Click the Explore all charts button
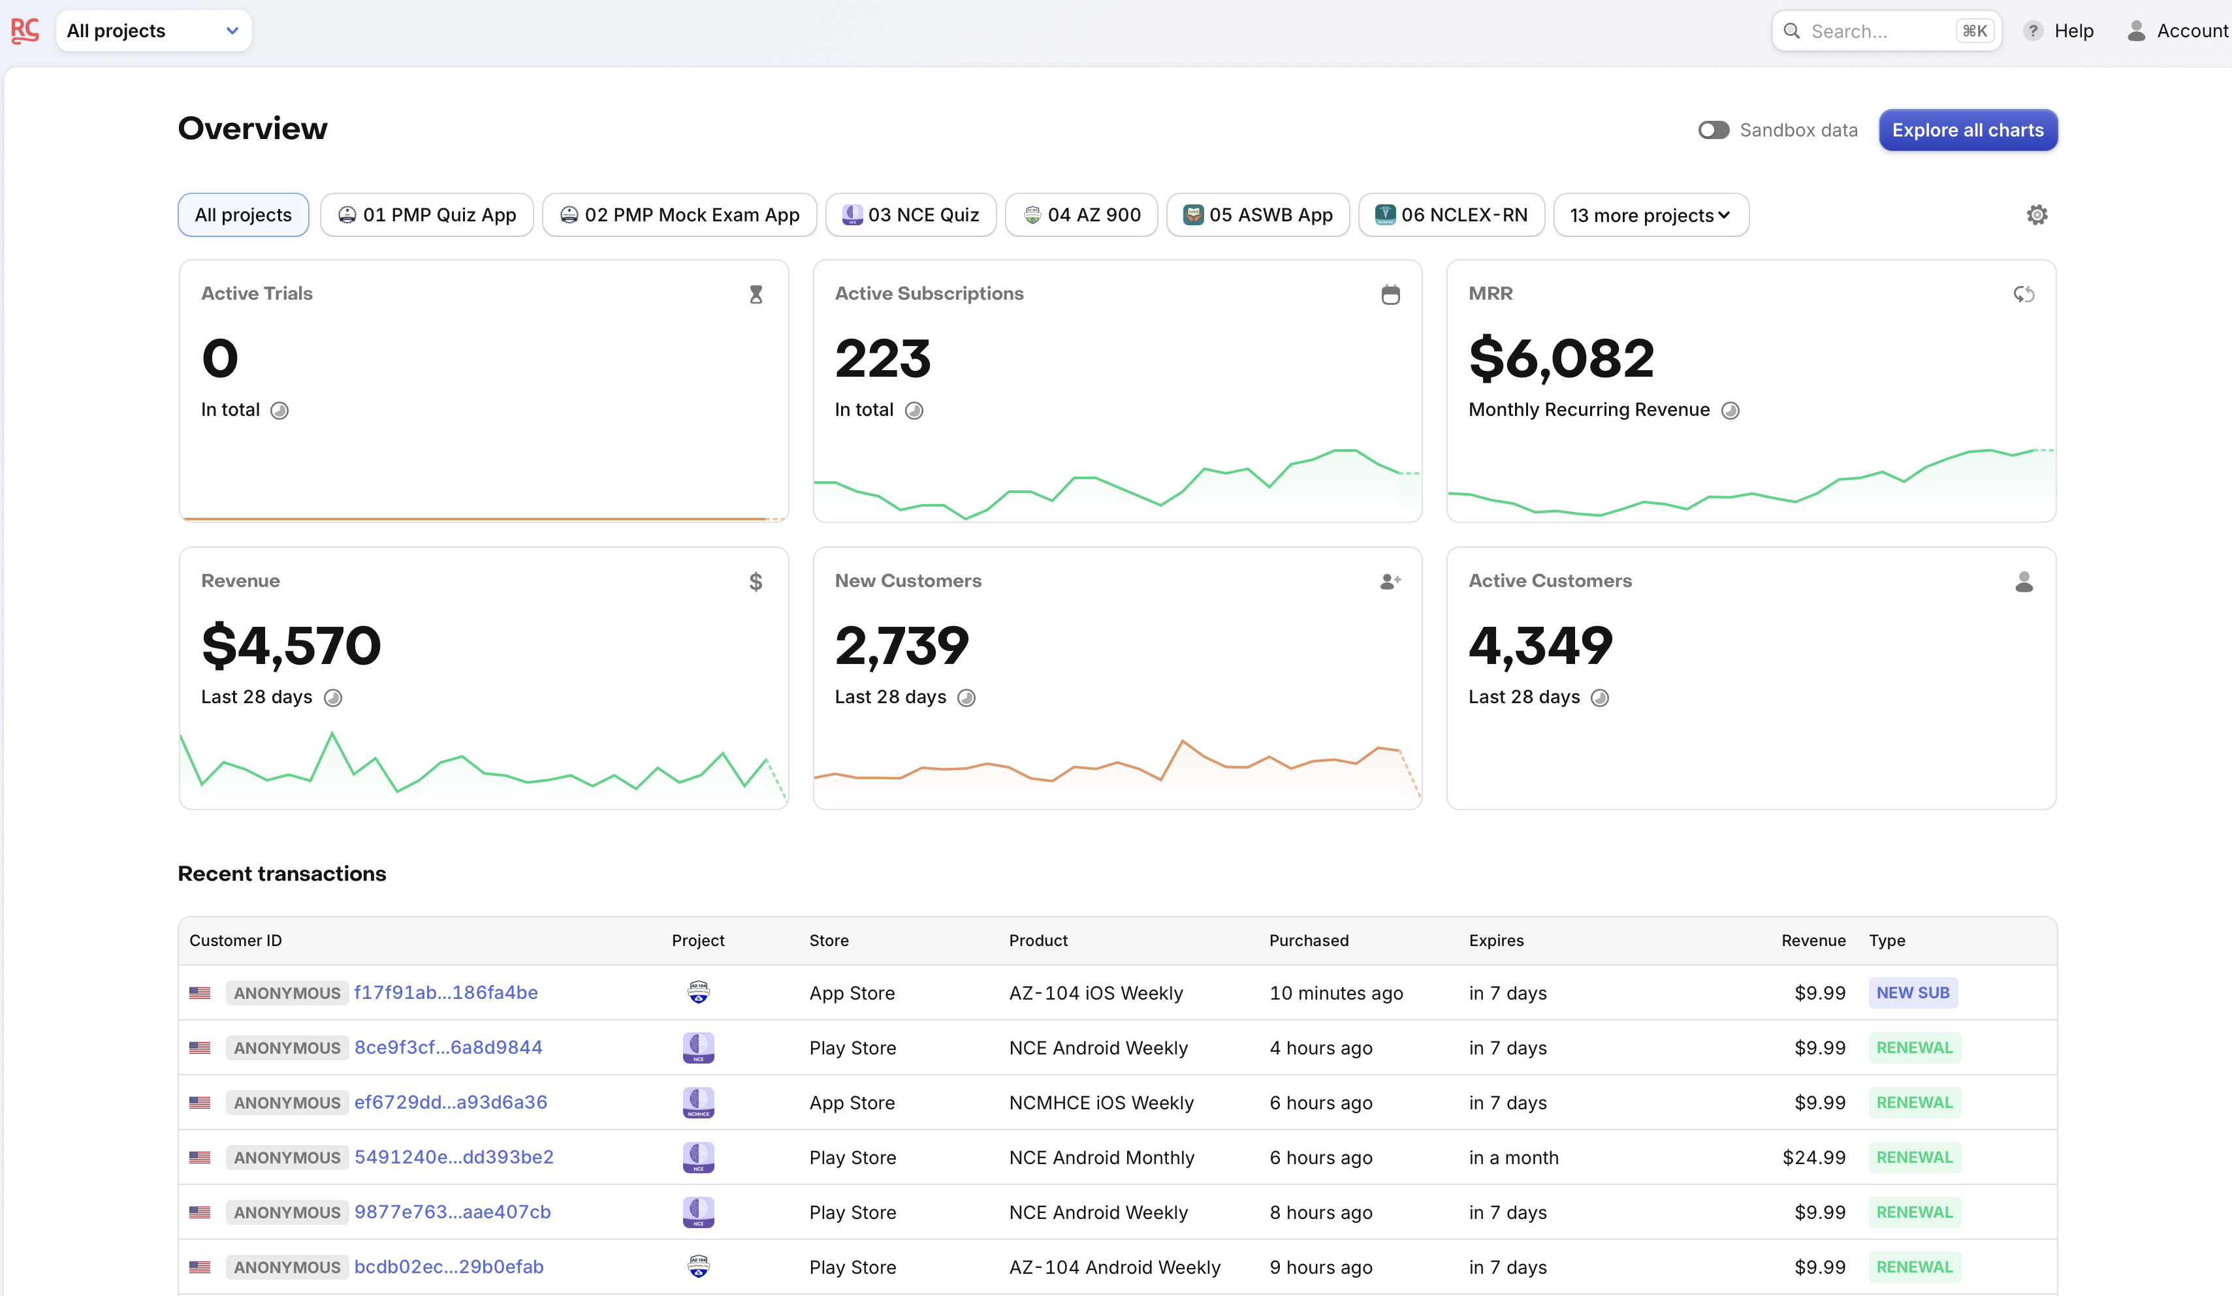(1967, 130)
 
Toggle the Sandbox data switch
(1713, 130)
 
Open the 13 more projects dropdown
(1650, 215)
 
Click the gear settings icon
(2036, 215)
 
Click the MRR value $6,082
(1561, 359)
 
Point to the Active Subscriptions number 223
(882, 359)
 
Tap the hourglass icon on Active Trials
(756, 294)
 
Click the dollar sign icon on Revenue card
(756, 582)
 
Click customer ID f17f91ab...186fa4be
(445, 993)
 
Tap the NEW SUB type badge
(1912, 993)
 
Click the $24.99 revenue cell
(1813, 1158)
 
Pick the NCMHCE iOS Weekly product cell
(1101, 1103)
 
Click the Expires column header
(1496, 941)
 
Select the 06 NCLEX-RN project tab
(1451, 215)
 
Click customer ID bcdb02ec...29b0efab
(448, 1267)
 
